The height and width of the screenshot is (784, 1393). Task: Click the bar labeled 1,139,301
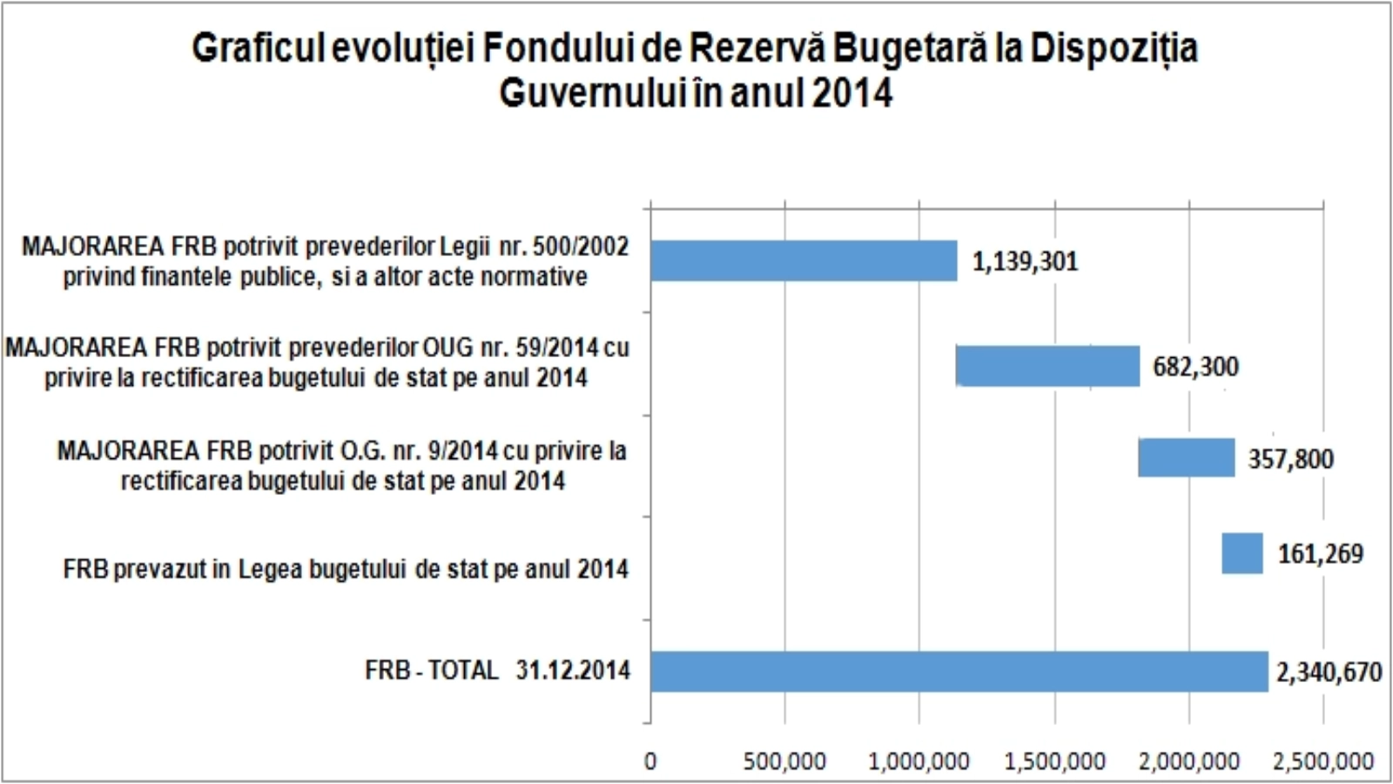point(804,260)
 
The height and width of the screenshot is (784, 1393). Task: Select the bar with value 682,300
point(1048,366)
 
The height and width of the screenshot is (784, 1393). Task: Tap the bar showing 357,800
point(1186,457)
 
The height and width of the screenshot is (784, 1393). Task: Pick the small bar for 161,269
point(1242,553)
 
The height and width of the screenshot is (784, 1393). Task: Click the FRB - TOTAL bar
point(959,671)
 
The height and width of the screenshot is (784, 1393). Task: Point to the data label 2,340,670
point(1329,672)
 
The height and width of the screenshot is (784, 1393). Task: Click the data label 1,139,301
point(1025,261)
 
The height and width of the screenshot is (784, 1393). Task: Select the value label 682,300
point(1195,367)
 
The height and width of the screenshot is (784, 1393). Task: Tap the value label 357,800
point(1290,459)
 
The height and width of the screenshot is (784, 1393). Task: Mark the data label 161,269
point(1320,554)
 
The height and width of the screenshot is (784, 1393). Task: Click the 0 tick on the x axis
point(650,761)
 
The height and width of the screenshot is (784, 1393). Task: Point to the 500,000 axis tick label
point(784,761)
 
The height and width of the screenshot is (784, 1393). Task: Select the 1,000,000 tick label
point(919,761)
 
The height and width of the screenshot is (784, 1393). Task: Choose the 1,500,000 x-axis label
point(1054,761)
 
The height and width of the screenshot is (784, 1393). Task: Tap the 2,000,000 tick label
point(1188,761)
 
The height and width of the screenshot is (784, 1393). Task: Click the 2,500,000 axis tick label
point(1322,761)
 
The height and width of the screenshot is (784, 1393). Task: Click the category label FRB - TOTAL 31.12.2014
point(497,670)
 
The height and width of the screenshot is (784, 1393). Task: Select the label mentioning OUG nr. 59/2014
point(317,362)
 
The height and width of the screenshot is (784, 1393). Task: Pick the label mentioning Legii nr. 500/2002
point(325,261)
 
